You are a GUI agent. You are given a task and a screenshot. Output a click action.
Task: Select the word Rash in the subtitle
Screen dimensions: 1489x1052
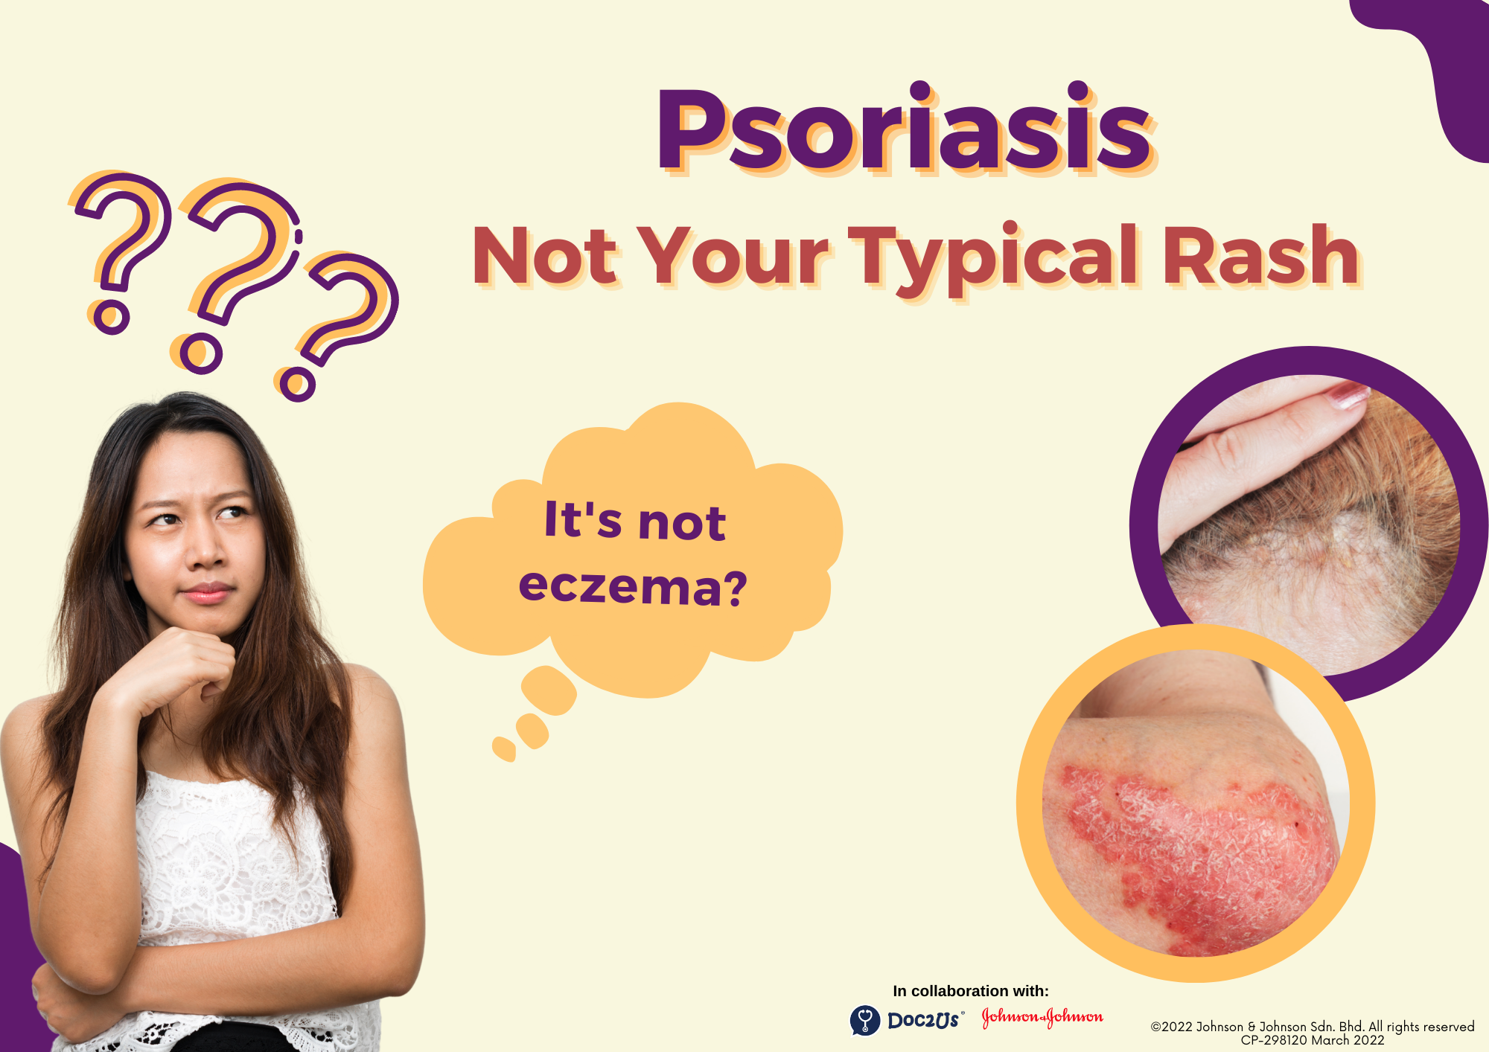click(x=1261, y=255)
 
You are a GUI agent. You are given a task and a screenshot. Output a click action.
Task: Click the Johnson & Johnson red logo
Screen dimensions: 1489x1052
click(x=1042, y=1017)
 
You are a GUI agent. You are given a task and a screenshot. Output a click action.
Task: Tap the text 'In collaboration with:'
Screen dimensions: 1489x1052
click(x=971, y=991)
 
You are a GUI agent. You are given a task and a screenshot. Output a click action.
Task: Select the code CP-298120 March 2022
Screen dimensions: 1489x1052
click(x=1312, y=1040)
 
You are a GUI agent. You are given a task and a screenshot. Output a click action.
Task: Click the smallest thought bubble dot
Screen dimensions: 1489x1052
click(x=504, y=749)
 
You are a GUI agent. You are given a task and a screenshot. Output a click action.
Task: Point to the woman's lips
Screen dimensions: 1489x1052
click(x=206, y=593)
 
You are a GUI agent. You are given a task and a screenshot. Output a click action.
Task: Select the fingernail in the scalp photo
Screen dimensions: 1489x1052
click(x=1350, y=395)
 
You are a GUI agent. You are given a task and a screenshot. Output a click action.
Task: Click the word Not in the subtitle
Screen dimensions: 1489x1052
click(x=545, y=255)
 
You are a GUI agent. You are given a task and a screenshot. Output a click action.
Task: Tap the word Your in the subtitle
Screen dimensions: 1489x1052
click(x=733, y=255)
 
